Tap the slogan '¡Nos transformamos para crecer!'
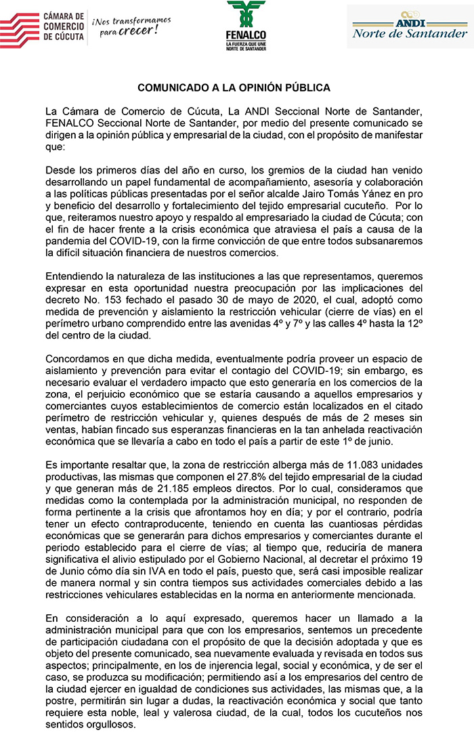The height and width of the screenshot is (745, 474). pos(131,26)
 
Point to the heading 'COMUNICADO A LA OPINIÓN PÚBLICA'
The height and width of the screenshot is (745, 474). pos(234,88)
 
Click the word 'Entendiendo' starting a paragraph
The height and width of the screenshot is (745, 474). pos(74,279)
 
